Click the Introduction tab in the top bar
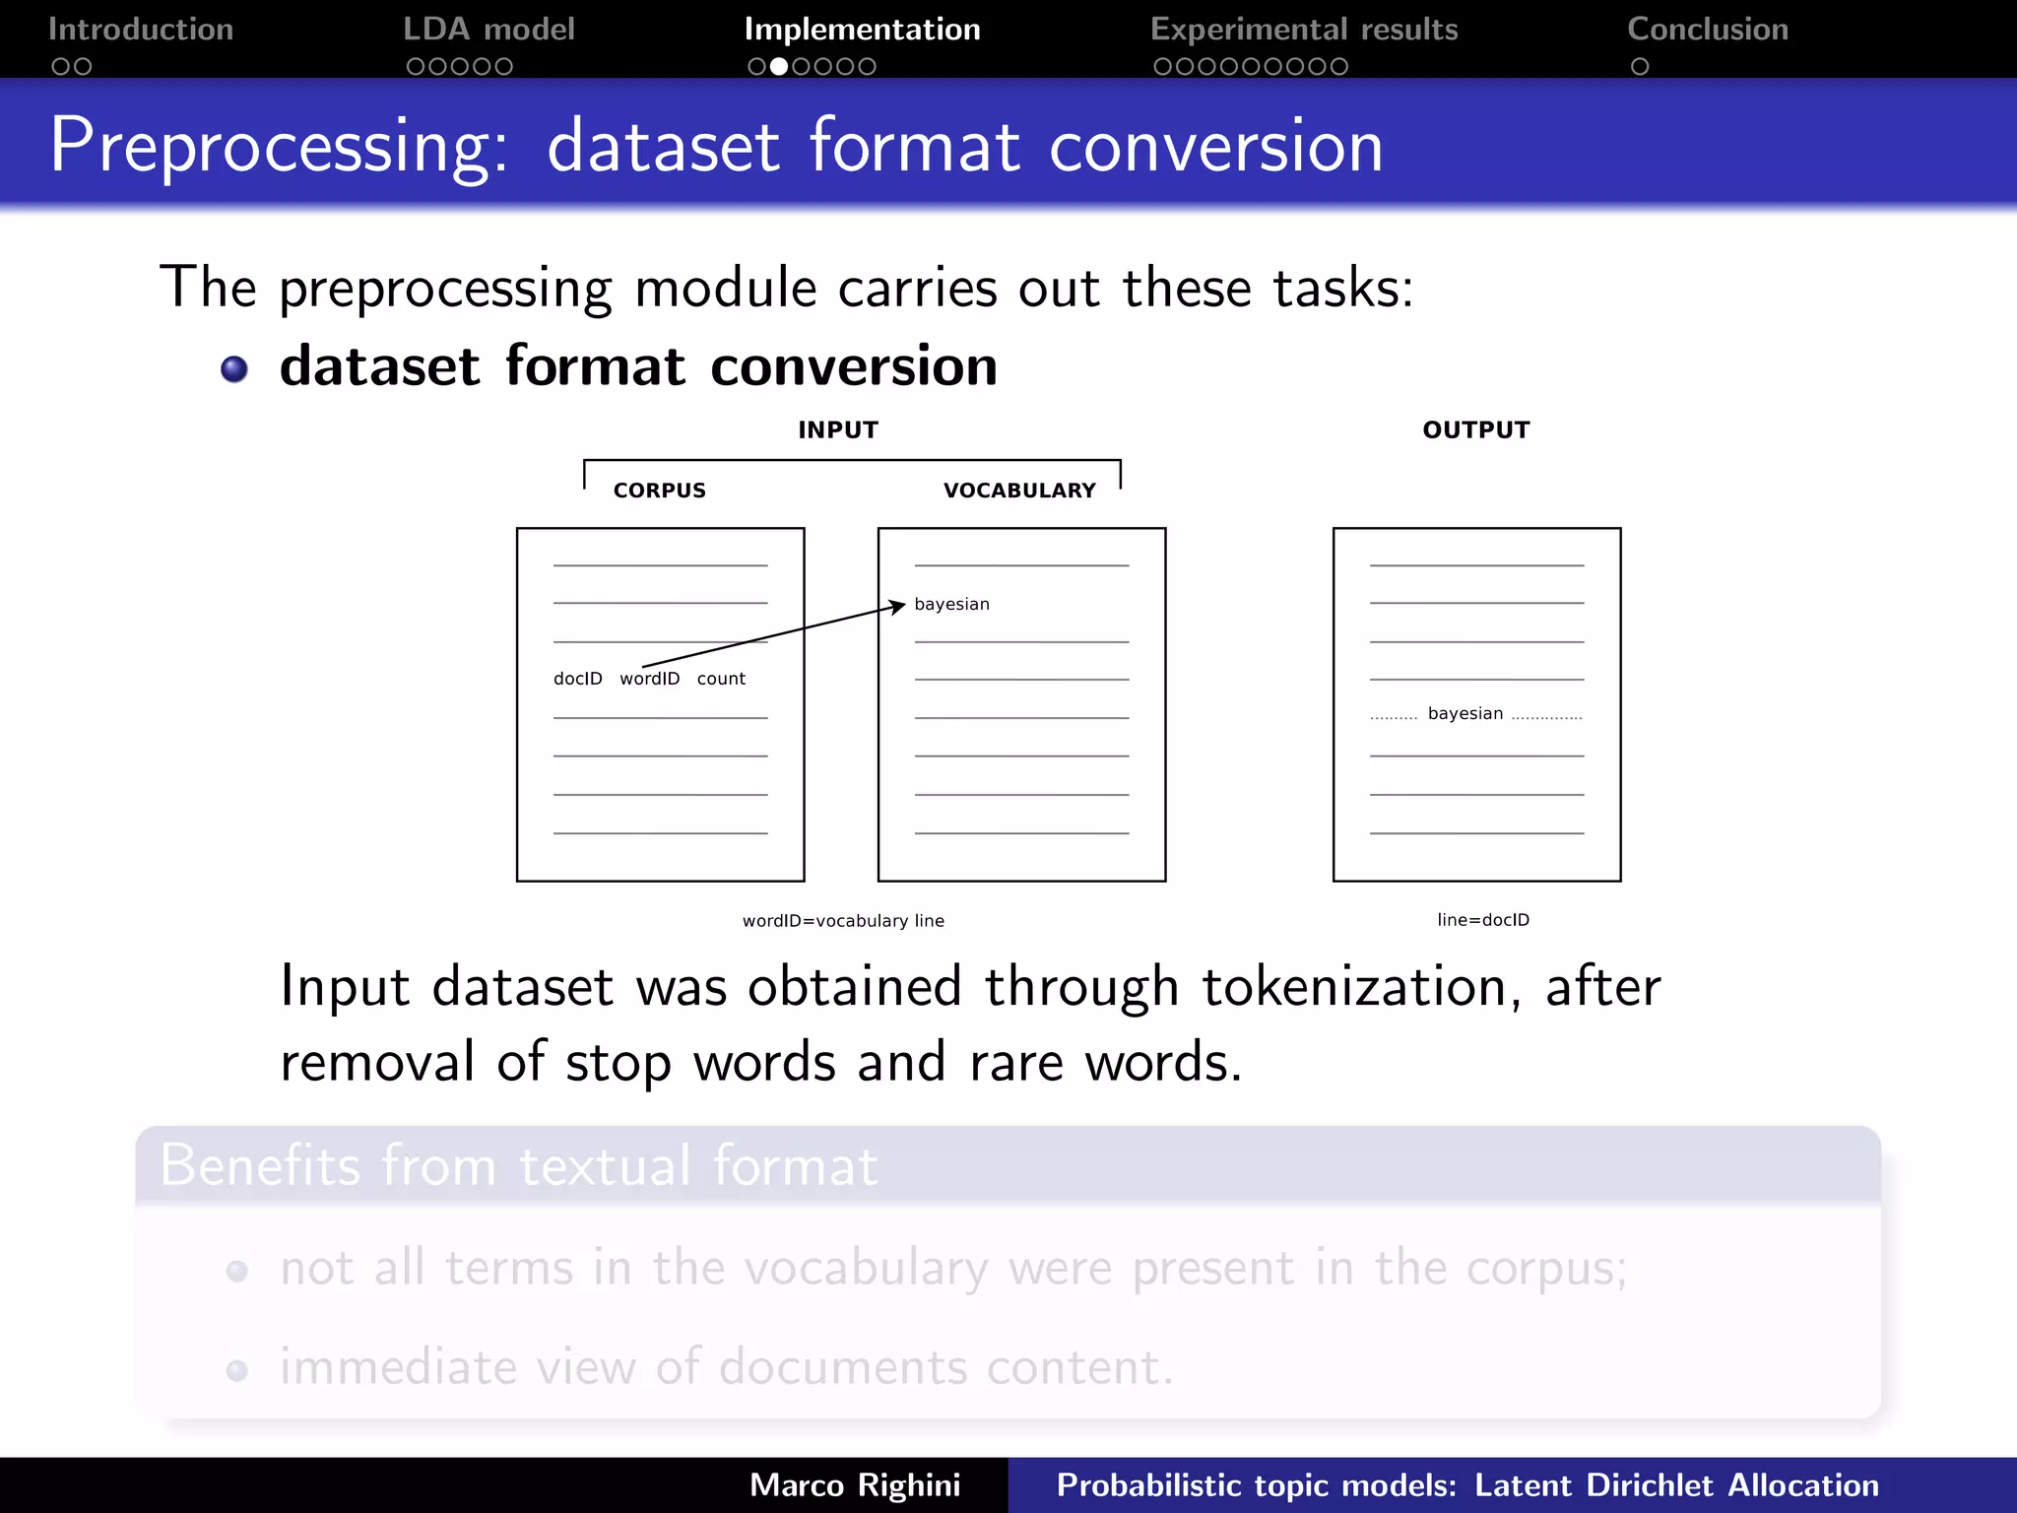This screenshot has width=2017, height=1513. click(x=141, y=30)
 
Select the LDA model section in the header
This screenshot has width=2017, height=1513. click(x=488, y=30)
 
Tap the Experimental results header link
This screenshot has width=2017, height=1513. click(x=1304, y=30)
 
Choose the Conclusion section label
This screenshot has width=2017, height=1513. click(x=1708, y=30)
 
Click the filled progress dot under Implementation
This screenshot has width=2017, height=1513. click(x=779, y=67)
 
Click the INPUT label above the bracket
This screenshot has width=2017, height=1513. click(x=838, y=430)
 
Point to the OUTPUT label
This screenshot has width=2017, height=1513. click(x=1476, y=430)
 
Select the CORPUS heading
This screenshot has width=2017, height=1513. click(x=660, y=491)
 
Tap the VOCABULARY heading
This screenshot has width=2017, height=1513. click(x=1019, y=491)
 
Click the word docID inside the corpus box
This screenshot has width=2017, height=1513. click(x=578, y=679)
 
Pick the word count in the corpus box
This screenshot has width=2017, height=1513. click(x=721, y=679)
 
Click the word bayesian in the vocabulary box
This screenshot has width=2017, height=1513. click(x=951, y=605)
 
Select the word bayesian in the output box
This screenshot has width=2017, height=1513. click(x=1465, y=714)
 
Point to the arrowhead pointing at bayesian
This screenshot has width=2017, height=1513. click(x=898, y=605)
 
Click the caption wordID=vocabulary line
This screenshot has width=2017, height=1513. click(x=843, y=921)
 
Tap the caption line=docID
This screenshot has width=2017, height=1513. click(x=1483, y=920)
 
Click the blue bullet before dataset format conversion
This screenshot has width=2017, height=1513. click(x=234, y=369)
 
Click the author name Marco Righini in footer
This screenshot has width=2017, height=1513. click(x=855, y=1485)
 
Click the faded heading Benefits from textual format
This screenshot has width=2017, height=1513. click(x=518, y=1165)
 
